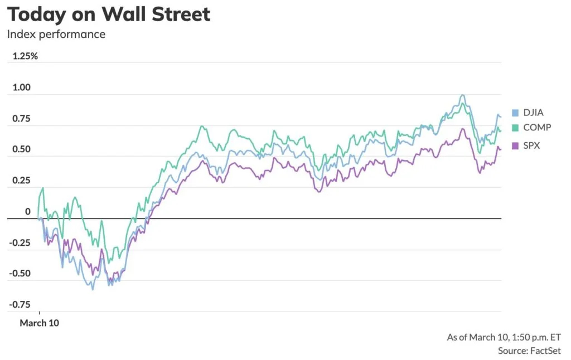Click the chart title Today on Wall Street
(x=109, y=14)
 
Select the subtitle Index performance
(x=56, y=34)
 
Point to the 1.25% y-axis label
(x=25, y=56)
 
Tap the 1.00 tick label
(x=22, y=87)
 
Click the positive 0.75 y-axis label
(x=22, y=118)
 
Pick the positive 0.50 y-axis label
(x=22, y=149)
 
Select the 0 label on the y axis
(x=28, y=212)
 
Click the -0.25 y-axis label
(x=20, y=242)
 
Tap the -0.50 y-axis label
(x=20, y=274)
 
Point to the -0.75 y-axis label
(x=20, y=304)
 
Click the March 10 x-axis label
(x=40, y=323)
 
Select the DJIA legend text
(x=534, y=113)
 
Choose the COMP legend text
(x=537, y=128)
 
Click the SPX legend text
(x=531, y=145)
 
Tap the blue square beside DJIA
(x=515, y=113)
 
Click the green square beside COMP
(x=515, y=128)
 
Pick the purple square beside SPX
(x=515, y=146)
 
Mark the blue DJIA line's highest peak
(x=462, y=95)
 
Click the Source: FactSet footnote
(x=530, y=351)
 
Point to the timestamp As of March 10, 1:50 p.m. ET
(x=504, y=338)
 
